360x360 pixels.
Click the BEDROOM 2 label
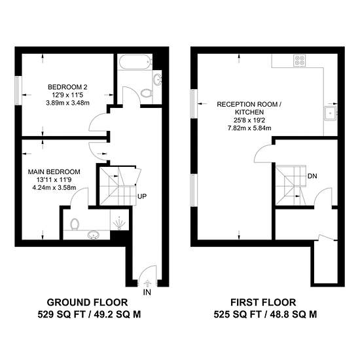coord(67,87)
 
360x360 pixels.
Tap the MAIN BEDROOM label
coord(54,171)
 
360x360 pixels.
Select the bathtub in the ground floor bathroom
coord(135,62)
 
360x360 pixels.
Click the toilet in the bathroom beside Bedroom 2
coord(147,93)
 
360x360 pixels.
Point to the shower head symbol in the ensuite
coord(119,223)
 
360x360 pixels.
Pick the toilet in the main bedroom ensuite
coord(75,224)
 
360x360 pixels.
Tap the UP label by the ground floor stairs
coord(142,196)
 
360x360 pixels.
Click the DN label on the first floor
coord(312,176)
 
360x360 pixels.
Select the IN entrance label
coord(147,293)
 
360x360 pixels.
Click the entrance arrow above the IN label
coord(147,283)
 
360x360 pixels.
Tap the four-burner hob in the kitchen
coord(300,60)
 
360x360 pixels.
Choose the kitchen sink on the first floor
coord(331,113)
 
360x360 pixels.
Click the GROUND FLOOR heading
coord(87,302)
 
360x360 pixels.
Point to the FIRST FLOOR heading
coord(263,302)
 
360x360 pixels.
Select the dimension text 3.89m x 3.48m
coord(67,103)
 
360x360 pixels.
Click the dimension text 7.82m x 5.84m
coord(249,128)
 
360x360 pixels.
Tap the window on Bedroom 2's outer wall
coord(18,90)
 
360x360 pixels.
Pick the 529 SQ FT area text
coord(62,314)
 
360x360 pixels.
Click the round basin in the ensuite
coord(94,235)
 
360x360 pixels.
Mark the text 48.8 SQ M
coord(293,314)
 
